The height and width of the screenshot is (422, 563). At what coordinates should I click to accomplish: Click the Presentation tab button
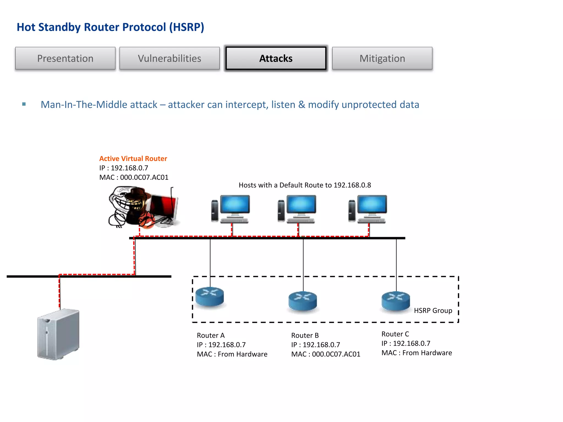coord(65,58)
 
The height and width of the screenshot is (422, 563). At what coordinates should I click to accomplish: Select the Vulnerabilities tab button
coord(169,58)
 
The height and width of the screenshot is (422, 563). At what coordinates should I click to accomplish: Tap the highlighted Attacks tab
coord(276,58)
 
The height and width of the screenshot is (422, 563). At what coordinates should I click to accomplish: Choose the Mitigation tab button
coord(382,58)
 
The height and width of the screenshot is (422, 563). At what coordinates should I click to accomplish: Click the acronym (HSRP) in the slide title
coord(186,27)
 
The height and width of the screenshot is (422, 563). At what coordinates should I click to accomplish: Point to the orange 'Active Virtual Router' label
coord(133,159)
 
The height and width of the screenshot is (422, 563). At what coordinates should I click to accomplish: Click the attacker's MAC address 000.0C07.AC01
coord(144,177)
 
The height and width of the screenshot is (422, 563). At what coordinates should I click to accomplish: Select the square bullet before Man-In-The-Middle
coord(24,104)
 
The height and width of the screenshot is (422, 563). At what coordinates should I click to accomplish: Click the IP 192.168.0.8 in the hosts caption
coord(352,185)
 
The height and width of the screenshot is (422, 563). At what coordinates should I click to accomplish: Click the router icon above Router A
coord(210,297)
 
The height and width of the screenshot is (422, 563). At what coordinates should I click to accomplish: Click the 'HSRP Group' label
coord(433,310)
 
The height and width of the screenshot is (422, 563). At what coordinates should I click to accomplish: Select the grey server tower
coord(58,334)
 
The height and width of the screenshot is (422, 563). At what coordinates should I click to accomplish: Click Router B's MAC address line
coord(326,354)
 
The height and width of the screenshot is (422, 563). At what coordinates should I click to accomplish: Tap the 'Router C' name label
coord(395,334)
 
